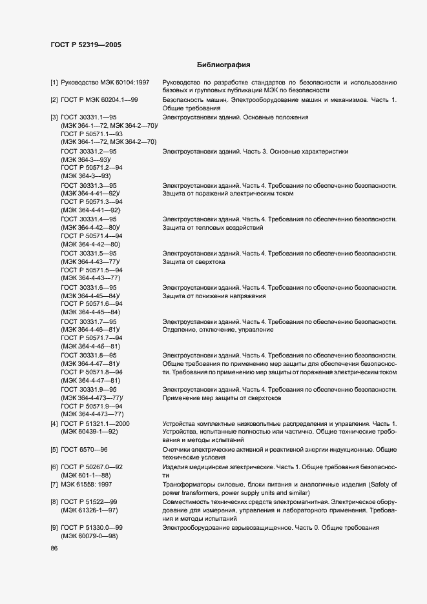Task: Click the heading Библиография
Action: (x=223, y=65)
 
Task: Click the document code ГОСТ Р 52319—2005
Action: (x=85, y=45)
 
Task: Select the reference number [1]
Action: (x=54, y=83)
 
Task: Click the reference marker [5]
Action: (x=54, y=448)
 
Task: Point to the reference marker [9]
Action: (x=54, y=528)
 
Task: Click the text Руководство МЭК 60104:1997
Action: (x=105, y=83)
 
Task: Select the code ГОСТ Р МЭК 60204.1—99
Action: (x=99, y=101)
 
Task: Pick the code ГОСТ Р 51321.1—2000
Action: (x=96, y=423)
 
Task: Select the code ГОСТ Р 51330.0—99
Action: (x=92, y=528)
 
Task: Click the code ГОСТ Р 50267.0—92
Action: (x=92, y=467)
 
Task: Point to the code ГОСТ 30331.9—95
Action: (x=89, y=390)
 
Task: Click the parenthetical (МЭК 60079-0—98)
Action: (x=90, y=536)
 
